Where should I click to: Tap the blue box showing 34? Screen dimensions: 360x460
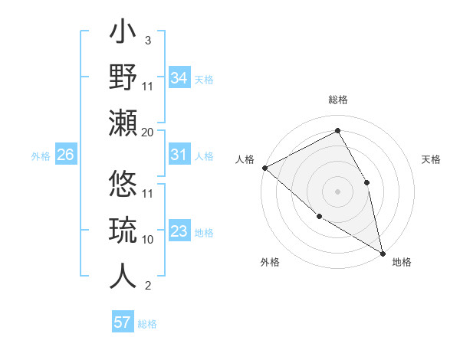pos(179,77)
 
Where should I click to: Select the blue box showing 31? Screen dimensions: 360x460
pos(179,155)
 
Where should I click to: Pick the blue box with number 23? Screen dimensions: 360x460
pos(179,231)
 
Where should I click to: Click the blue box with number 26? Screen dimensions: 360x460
pos(65,155)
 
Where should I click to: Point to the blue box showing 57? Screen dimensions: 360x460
pos(123,322)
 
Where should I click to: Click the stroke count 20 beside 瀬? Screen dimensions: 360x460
pos(148,132)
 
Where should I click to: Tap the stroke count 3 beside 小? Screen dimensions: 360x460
pos(147,41)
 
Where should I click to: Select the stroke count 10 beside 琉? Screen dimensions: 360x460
pos(148,239)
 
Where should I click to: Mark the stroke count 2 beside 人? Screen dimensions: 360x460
pos(147,286)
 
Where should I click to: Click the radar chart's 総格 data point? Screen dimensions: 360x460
pos(337,129)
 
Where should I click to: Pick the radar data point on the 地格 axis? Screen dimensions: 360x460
pos(383,252)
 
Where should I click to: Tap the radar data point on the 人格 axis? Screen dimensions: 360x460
pos(264,167)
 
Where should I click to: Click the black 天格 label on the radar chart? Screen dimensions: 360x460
pos(432,159)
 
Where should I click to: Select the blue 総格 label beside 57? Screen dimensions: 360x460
pos(147,324)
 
